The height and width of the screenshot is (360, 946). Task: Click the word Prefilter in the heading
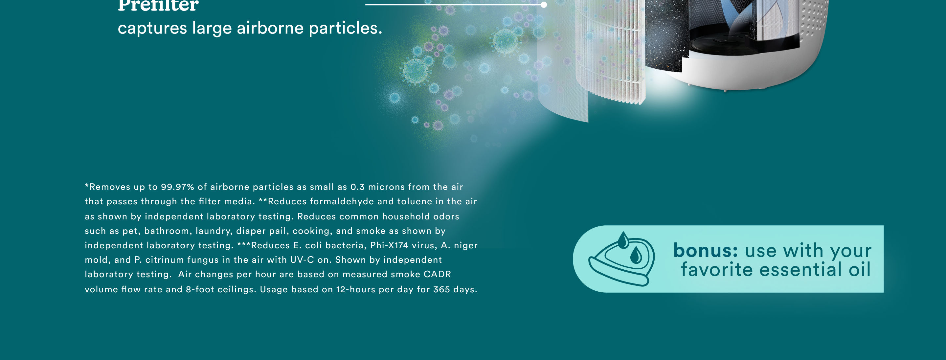pos(158,6)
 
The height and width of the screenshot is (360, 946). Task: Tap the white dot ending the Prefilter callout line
pos(544,5)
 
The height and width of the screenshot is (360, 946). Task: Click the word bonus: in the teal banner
pos(706,251)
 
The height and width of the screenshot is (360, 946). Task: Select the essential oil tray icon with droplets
pos(622,259)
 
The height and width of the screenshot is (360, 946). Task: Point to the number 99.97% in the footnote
pos(177,187)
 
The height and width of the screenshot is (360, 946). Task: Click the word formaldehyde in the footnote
pos(342,201)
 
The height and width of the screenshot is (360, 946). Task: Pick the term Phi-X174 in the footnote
pos(389,245)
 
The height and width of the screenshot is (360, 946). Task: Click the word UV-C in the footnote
pos(302,260)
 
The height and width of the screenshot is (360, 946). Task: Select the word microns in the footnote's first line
pos(386,187)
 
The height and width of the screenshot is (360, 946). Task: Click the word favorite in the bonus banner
pos(716,270)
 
